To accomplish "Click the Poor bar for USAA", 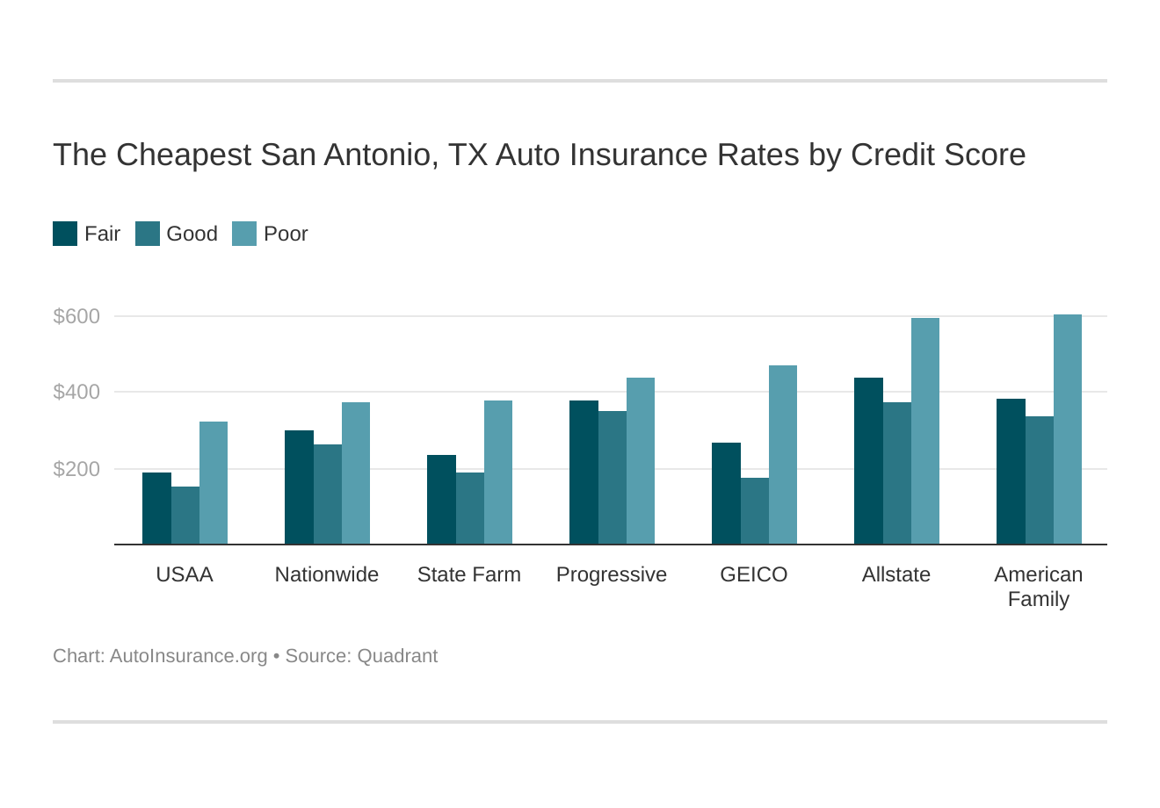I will point(214,483).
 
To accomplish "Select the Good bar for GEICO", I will point(755,511).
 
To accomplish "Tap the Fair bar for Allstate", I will point(868,461).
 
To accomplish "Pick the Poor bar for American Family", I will point(1068,429).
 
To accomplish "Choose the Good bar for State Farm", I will point(470,509).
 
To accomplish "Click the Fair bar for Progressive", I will point(584,473).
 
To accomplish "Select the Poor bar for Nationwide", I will point(356,473).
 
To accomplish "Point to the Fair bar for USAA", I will point(156,509).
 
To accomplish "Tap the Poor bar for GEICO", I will point(783,455).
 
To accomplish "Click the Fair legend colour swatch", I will point(65,234).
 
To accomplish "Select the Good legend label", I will point(192,234).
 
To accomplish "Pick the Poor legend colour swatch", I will point(244,234).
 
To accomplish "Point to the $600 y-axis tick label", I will point(76,316).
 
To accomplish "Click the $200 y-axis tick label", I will point(76,469).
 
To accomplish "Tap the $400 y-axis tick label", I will point(76,392).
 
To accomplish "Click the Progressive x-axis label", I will point(612,574).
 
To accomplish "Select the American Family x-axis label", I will point(1038,587).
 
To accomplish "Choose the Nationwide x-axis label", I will point(327,574).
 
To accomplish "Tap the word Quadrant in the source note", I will point(397,656).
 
